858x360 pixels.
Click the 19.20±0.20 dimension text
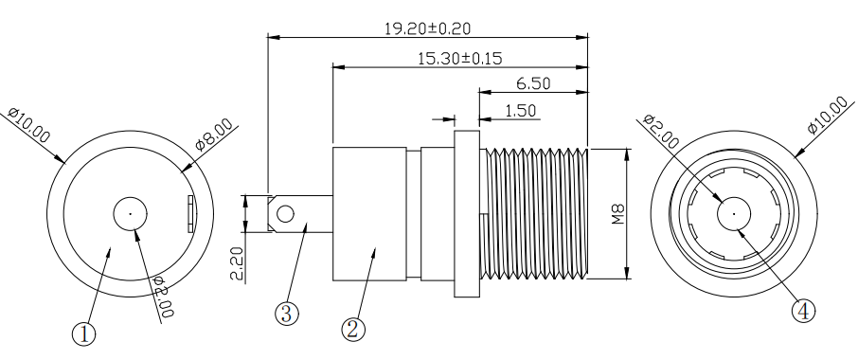(x=427, y=28)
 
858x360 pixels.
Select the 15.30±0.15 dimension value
(x=459, y=59)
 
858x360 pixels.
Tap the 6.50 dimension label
(x=533, y=83)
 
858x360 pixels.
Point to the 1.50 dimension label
(x=520, y=111)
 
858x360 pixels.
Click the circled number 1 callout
(x=83, y=333)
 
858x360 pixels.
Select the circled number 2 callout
(x=353, y=330)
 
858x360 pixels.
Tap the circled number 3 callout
(x=287, y=314)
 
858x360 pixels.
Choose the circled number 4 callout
(x=803, y=311)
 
